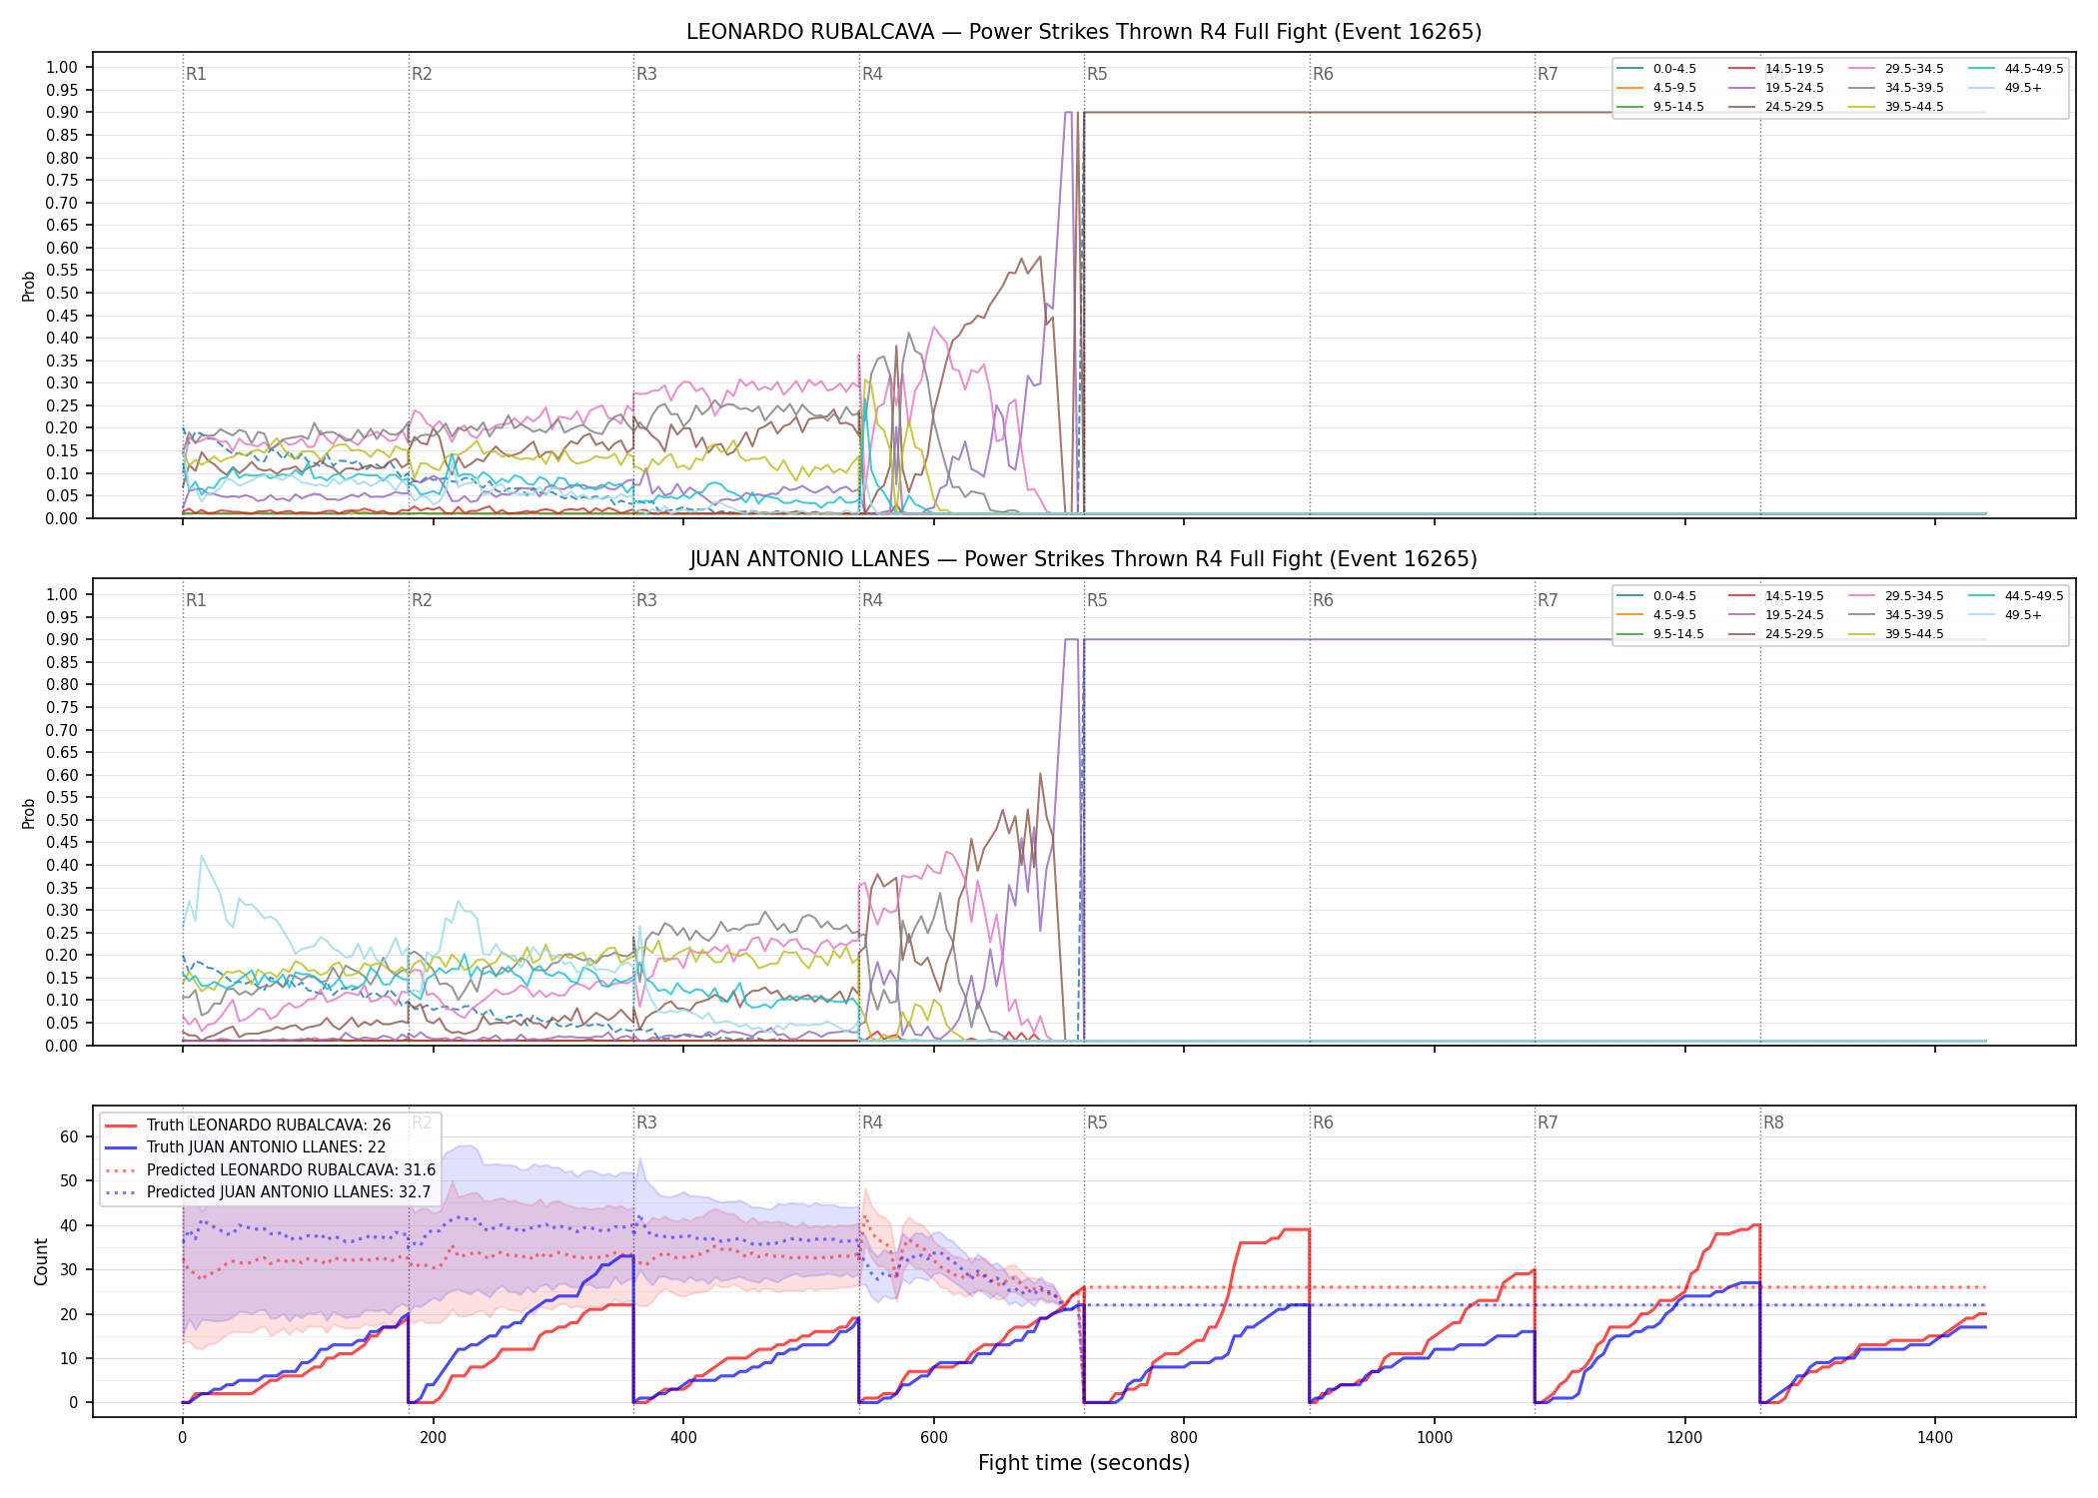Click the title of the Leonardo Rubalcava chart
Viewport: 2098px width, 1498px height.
[x=1084, y=32]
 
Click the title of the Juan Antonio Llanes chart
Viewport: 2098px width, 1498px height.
[x=1084, y=559]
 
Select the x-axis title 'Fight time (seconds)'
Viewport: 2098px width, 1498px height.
[x=1084, y=1463]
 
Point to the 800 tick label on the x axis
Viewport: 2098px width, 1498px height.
[x=1184, y=1438]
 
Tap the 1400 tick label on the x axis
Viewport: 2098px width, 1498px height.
[x=1935, y=1438]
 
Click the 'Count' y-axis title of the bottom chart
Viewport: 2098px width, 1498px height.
[x=41, y=1261]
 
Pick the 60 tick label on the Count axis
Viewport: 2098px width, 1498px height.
[x=69, y=1136]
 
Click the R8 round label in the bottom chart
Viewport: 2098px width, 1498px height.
[x=1773, y=1123]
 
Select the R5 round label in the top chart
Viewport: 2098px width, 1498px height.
[x=1097, y=74]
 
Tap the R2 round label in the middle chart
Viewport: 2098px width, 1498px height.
[x=422, y=600]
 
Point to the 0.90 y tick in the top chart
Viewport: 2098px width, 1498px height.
[x=62, y=113]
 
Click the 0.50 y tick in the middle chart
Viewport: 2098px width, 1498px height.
[x=62, y=820]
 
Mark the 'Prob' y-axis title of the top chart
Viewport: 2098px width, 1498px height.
[x=29, y=286]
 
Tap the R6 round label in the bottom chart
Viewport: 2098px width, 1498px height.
[x=1323, y=1123]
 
